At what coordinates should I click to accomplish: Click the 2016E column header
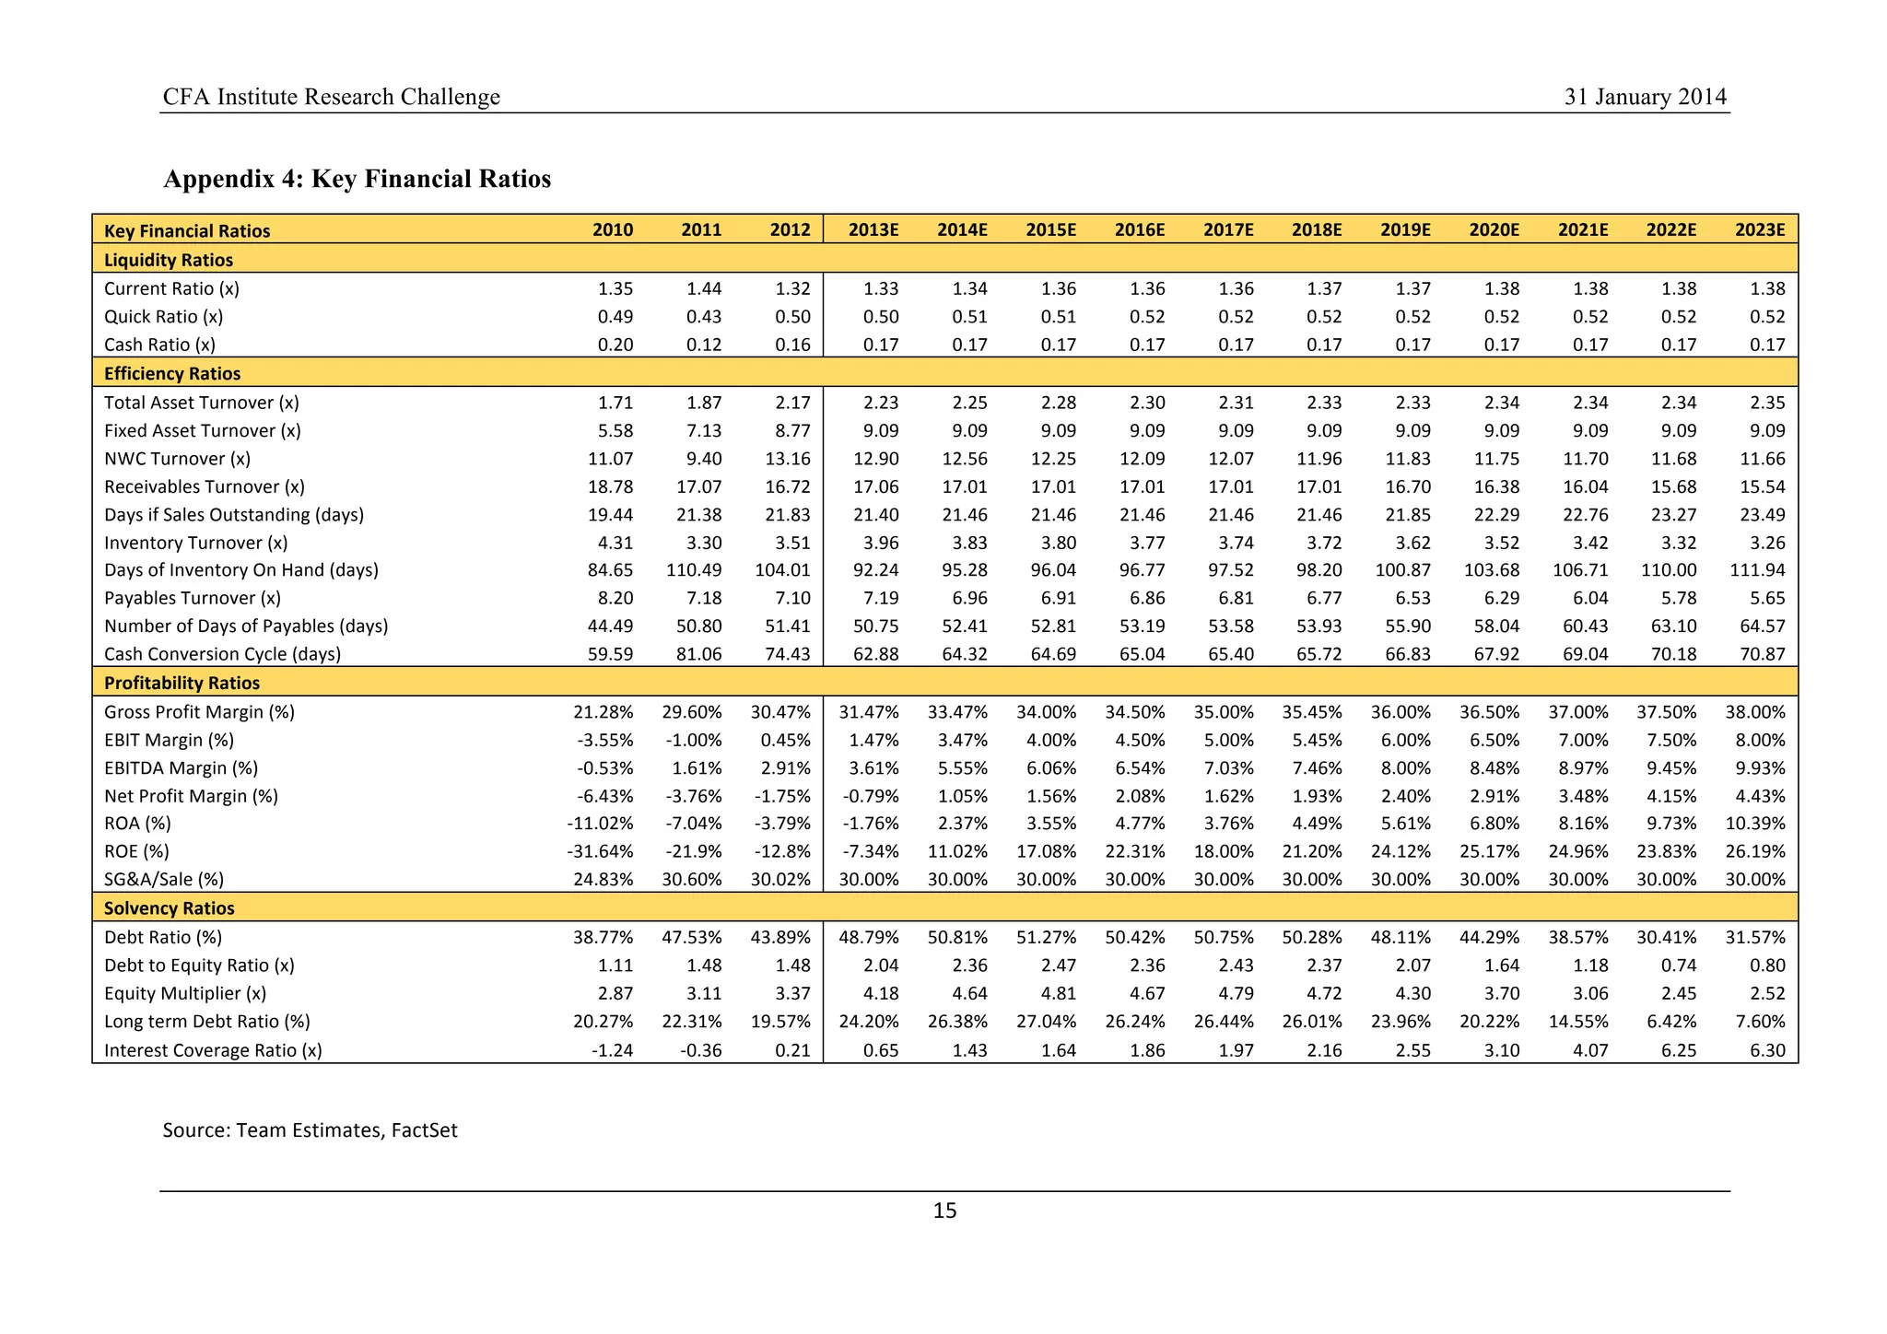click(x=1139, y=229)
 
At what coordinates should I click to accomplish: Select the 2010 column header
click(x=613, y=229)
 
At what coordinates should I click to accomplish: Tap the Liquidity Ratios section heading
click(x=169, y=260)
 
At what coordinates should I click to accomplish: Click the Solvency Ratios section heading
click(x=170, y=908)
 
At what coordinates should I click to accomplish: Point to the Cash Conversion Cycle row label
click(x=222, y=654)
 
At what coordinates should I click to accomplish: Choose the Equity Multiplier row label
click(x=185, y=993)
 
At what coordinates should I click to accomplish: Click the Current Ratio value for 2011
click(x=704, y=288)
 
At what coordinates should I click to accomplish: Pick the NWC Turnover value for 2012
click(x=790, y=459)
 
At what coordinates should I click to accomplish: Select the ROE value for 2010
click(x=600, y=851)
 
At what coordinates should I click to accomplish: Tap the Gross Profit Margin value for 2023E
click(x=1755, y=712)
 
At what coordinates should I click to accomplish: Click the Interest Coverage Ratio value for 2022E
click(x=1679, y=1050)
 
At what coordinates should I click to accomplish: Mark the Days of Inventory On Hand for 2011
click(x=695, y=570)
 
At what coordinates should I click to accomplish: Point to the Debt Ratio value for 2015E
click(x=1047, y=938)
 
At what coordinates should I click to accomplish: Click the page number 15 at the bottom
click(x=944, y=1211)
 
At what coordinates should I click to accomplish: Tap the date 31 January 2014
click(x=1645, y=97)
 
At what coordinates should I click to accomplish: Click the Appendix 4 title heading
click(x=357, y=178)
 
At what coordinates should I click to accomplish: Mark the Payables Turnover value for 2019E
click(x=1412, y=598)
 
